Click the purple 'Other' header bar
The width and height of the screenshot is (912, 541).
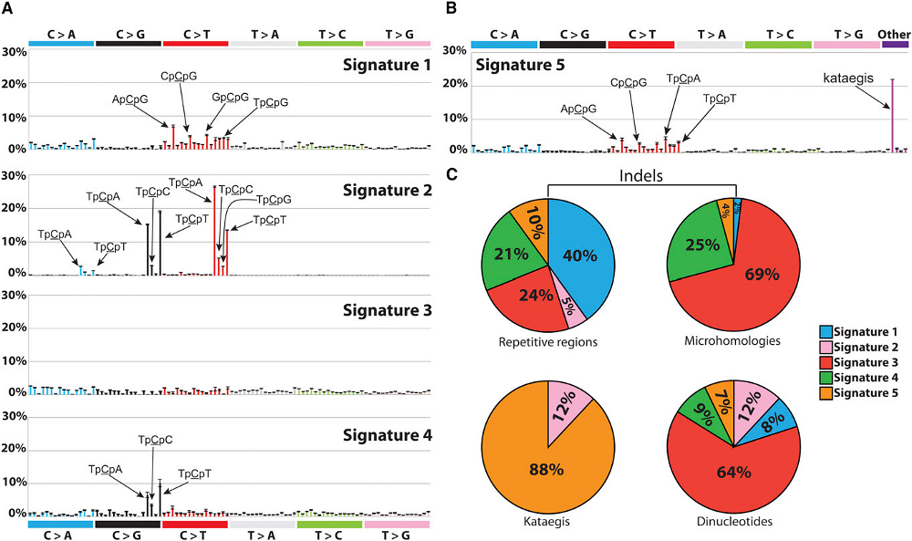[895, 44]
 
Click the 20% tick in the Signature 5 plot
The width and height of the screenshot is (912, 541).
[459, 84]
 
